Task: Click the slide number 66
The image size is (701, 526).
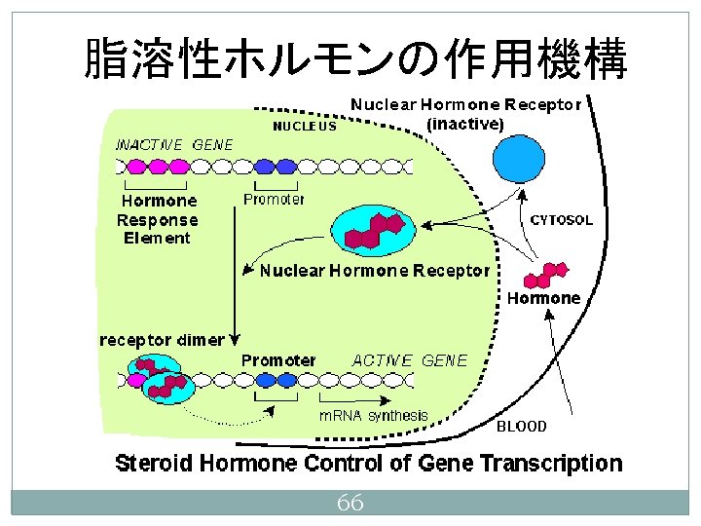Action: [x=350, y=503]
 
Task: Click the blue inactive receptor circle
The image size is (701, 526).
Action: [x=519, y=159]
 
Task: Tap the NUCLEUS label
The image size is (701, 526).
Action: [x=305, y=126]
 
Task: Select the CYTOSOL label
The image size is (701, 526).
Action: [x=561, y=220]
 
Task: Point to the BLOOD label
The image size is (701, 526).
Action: [x=521, y=427]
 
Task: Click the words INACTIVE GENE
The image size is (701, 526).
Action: [x=174, y=145]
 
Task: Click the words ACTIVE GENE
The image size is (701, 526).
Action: [x=410, y=360]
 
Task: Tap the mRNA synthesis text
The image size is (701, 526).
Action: [x=373, y=416]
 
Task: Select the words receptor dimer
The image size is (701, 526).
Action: [x=162, y=340]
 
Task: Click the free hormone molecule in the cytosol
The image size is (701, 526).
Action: [x=546, y=275]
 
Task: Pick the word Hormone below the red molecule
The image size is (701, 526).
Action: [x=543, y=298]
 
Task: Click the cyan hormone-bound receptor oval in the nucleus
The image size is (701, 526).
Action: [x=373, y=230]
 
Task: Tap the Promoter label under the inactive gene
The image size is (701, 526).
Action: [x=274, y=199]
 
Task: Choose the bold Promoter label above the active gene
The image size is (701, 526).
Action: [x=278, y=360]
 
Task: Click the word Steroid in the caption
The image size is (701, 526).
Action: [x=154, y=463]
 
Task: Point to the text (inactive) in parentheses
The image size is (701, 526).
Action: [x=465, y=124]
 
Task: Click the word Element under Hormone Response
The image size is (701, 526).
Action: [x=157, y=238]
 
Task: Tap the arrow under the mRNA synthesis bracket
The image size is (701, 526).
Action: [x=355, y=400]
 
